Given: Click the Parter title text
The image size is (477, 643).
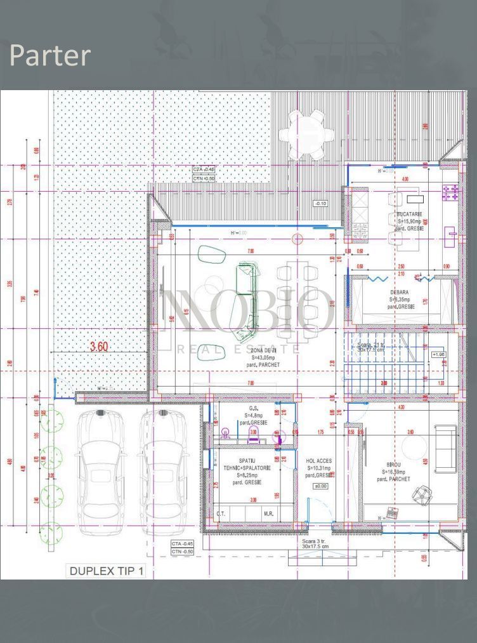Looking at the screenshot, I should coord(50,56).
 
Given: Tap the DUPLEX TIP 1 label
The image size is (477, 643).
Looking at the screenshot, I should coord(107,571).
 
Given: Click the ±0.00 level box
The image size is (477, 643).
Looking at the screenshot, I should coord(320,486).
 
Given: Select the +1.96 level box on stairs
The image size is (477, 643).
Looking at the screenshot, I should coord(438,354).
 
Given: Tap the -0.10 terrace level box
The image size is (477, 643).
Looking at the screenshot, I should coord(320,203).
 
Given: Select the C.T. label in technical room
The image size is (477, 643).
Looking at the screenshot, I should coord(221,514).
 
